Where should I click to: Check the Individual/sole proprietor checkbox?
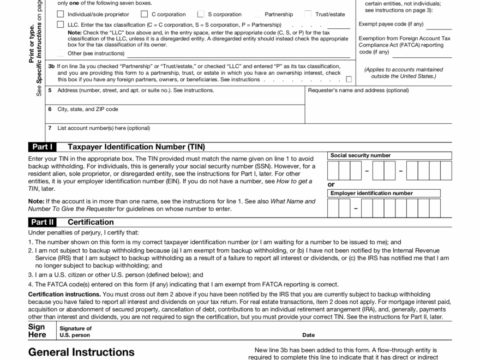60,14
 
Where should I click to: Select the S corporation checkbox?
201,14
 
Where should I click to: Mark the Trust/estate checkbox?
308,14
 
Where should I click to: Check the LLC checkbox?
60,25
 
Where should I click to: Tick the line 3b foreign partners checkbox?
349,79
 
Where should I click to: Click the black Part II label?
43,222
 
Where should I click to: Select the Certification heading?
91,222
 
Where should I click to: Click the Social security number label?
361,155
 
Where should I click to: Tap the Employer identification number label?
371,193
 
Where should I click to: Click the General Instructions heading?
81,352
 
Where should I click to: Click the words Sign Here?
37,331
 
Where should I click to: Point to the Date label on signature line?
309,335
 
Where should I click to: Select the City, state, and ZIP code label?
88,109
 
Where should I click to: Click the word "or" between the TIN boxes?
331,184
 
